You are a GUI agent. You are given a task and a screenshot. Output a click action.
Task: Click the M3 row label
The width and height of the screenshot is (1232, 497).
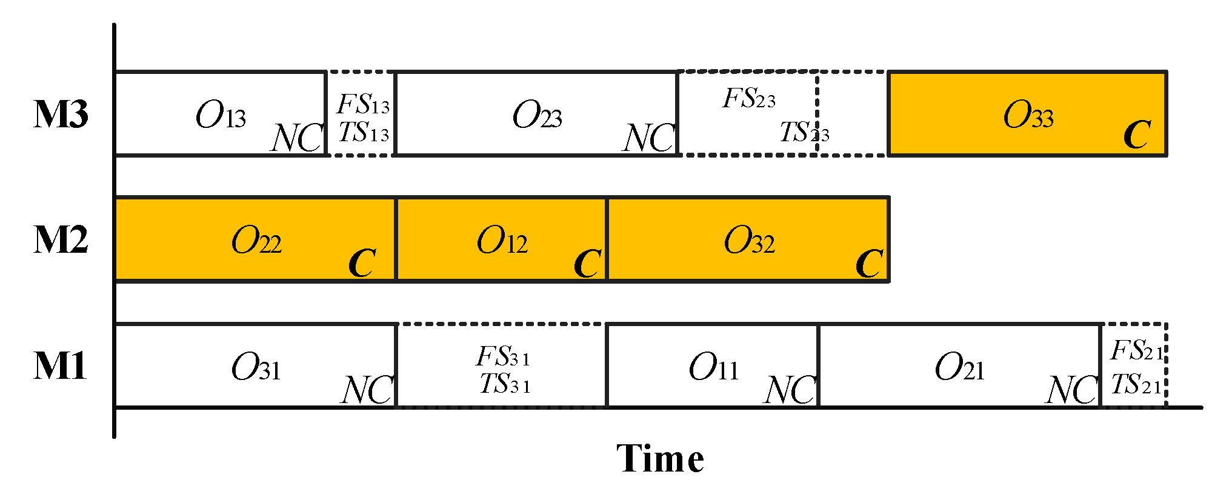pos(61,115)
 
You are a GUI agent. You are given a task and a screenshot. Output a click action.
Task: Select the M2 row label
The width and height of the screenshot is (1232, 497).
pos(61,240)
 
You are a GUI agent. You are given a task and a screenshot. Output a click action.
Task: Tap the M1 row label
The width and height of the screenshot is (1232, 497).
pos(61,366)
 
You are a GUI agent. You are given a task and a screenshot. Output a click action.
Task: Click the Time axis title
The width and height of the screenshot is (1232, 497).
pos(660,459)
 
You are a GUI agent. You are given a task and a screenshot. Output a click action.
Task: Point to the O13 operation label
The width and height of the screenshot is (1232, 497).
pos(221,115)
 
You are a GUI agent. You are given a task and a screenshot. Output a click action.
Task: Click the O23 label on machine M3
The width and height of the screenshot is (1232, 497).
pos(537,115)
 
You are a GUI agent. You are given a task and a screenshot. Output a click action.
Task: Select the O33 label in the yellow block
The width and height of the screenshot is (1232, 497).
pos(1028,115)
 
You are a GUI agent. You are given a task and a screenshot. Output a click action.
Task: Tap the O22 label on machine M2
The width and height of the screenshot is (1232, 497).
pos(256,241)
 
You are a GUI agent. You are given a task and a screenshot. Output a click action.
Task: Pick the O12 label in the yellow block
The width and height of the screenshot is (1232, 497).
pos(502,241)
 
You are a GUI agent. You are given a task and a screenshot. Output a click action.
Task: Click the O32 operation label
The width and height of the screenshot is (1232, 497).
pos(749,241)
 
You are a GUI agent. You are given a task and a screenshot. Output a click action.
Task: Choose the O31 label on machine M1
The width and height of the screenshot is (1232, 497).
pos(256,367)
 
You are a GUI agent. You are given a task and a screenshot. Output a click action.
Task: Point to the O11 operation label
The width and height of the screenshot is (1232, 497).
pos(714,367)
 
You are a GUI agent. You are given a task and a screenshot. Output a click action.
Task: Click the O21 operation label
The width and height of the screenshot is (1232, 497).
pos(960,367)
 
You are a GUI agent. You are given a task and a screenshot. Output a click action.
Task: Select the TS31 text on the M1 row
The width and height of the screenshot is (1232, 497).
pos(505,384)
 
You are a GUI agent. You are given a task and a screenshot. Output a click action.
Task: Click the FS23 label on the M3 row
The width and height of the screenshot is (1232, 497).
pos(749,99)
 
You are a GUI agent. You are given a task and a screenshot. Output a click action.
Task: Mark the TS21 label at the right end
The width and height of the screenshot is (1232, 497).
pos(1136,384)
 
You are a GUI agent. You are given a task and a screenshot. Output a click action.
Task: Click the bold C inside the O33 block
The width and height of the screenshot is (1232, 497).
pos(1137,135)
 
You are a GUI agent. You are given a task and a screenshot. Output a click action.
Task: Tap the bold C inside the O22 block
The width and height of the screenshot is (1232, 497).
pos(362,263)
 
